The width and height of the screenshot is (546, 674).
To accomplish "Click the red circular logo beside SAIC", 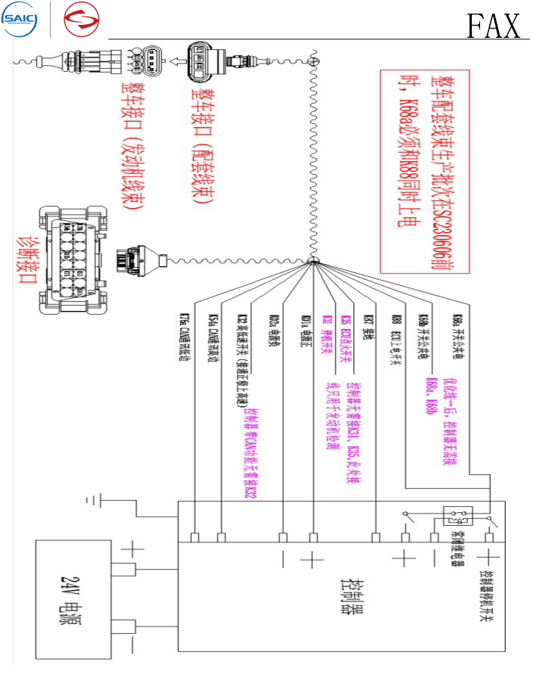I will (81, 19).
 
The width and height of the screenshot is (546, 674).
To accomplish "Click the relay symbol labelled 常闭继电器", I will (459, 517).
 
